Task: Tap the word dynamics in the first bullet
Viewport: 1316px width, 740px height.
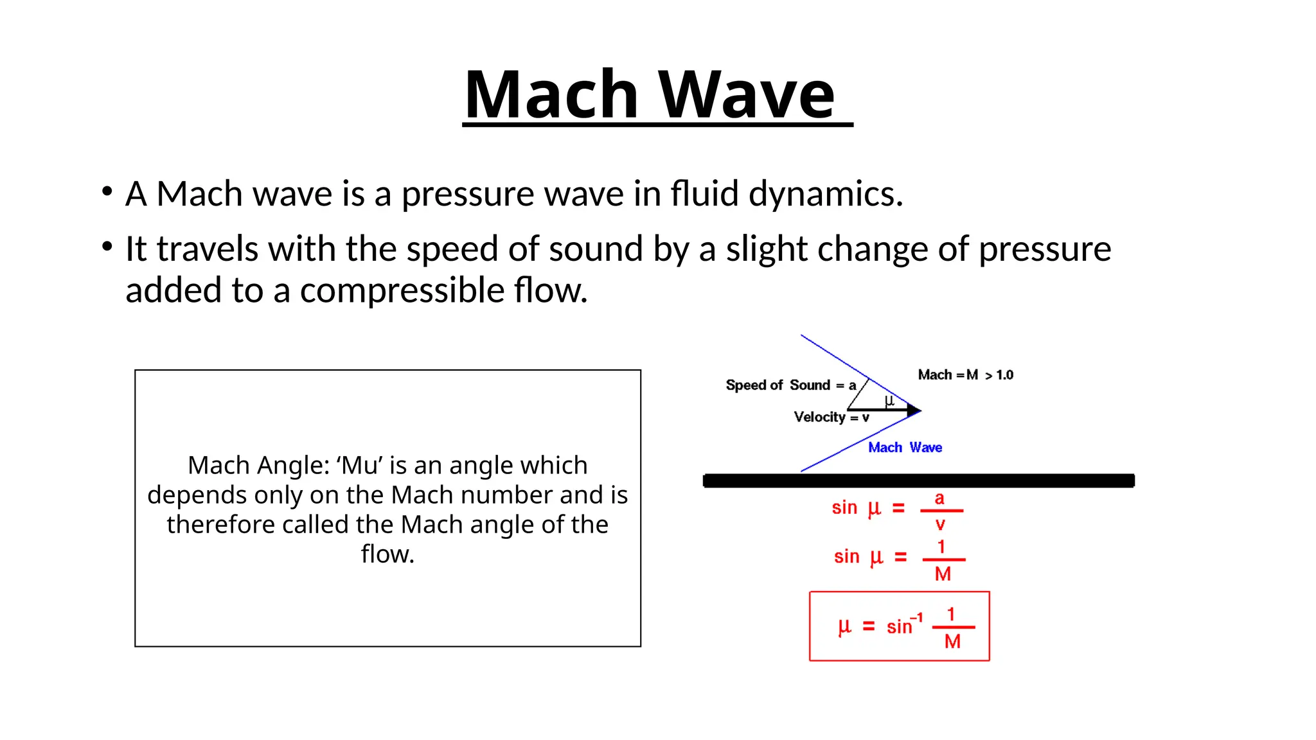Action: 825,194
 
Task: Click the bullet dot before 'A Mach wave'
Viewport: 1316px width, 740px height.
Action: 107,191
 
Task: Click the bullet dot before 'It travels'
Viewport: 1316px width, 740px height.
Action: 107,246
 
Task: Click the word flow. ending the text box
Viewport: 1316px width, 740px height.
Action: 387,554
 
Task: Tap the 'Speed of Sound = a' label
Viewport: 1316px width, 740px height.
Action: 790,385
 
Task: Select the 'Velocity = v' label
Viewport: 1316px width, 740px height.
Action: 831,418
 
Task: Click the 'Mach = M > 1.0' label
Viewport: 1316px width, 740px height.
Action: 965,375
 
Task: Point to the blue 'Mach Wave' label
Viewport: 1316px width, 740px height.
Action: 905,448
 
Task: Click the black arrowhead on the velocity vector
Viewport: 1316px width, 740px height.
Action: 914,410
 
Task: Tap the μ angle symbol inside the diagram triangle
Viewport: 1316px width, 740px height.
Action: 889,401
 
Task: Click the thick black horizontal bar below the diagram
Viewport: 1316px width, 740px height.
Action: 919,480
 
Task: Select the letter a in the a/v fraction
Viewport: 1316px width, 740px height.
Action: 939,498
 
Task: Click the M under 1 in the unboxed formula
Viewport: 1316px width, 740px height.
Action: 943,574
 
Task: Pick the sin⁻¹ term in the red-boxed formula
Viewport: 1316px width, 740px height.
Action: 903,625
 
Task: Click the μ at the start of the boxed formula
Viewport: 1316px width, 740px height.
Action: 844,626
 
